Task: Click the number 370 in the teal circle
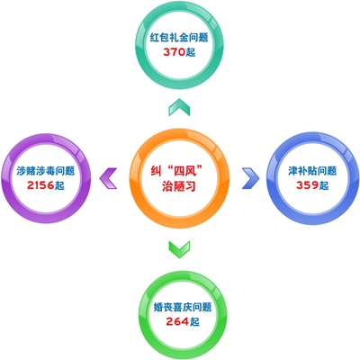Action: point(174,52)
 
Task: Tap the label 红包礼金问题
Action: point(179,38)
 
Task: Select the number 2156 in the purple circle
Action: point(40,185)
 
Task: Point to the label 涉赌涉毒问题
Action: point(46,171)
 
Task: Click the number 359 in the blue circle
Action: point(307,185)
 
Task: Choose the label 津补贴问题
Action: point(312,171)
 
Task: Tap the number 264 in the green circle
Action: point(177,321)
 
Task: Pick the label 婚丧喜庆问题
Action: point(183,307)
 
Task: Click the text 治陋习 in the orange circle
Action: point(179,186)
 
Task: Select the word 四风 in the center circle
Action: point(184,172)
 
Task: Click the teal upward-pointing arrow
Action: point(179,107)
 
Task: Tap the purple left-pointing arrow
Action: point(108,178)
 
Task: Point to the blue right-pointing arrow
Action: point(251,178)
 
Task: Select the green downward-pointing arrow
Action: point(179,249)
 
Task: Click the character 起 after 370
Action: point(191,52)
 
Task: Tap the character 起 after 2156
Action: point(59,185)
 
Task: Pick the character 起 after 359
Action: point(324,185)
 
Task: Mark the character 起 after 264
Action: point(194,321)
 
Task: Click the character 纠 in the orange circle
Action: point(156,172)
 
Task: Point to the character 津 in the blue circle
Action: point(293,171)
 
